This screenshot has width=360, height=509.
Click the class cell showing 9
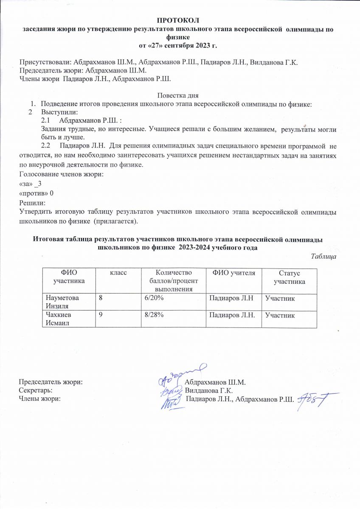[101, 315]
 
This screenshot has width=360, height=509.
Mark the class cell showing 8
[101, 299]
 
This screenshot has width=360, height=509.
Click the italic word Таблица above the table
[324, 257]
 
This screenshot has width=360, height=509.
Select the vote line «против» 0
[37, 193]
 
